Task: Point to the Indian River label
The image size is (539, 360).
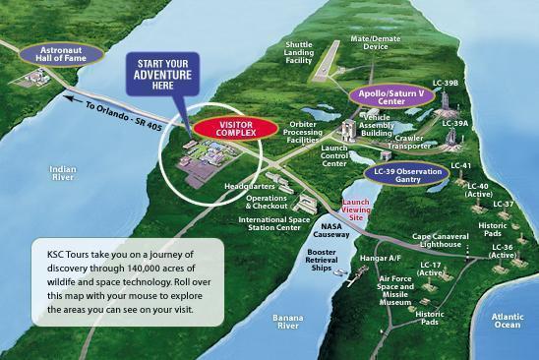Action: (x=62, y=173)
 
